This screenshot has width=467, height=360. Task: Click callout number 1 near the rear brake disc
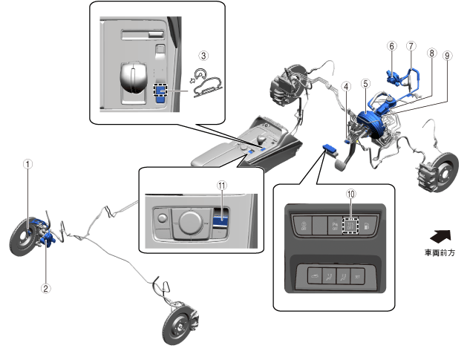pyautogui.click(x=27, y=165)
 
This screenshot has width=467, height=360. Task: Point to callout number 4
pyautogui.click(x=345, y=85)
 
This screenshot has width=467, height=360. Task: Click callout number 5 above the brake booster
pyautogui.click(x=365, y=85)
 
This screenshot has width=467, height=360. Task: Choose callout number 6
pyautogui.click(x=391, y=45)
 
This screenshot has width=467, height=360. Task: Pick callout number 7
pyautogui.click(x=411, y=45)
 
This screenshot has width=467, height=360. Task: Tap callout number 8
pyautogui.click(x=431, y=55)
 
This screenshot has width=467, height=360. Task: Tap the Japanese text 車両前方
pyautogui.click(x=439, y=253)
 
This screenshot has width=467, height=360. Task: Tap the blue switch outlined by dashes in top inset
pyautogui.click(x=160, y=91)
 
